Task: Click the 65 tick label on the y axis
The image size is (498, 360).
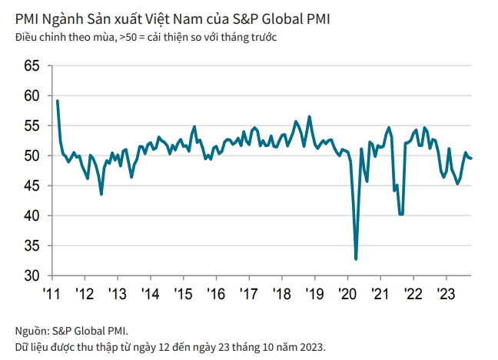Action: [x=32, y=66]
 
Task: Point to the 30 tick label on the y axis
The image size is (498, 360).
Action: [x=32, y=275]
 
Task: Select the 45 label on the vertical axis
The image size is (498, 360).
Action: [x=32, y=185]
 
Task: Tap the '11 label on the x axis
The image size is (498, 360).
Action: [x=51, y=294]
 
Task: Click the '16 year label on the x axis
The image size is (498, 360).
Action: [x=216, y=294]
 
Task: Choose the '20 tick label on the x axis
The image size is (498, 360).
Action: [x=347, y=294]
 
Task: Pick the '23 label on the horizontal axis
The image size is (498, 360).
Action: [x=447, y=294]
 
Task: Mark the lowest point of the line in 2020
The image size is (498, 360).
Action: [x=356, y=259]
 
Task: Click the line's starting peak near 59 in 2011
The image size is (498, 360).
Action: [x=57, y=101]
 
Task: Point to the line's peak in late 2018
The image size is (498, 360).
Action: [x=310, y=117]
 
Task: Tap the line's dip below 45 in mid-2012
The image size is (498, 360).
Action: [x=101, y=194]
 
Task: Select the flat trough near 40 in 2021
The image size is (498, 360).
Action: [x=401, y=214]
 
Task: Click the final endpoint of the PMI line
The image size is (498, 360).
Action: [x=470, y=158]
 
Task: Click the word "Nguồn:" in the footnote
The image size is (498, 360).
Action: [x=32, y=332]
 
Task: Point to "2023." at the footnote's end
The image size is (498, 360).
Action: [x=313, y=347]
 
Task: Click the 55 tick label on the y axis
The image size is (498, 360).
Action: [x=32, y=126]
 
